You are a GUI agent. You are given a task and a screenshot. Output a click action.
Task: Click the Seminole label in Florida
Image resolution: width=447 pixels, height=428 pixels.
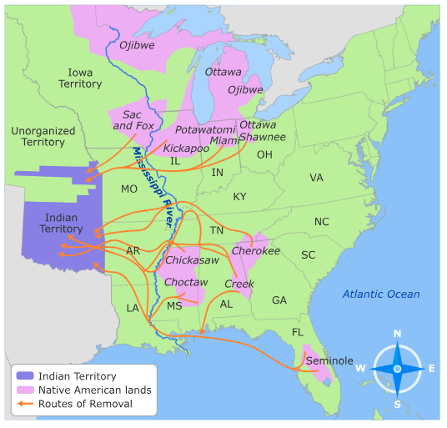[330, 360]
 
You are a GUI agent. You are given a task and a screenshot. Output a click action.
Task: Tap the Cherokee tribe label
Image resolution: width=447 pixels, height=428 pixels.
[256, 250]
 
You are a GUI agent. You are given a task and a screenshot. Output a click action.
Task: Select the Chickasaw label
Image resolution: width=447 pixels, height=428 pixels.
[192, 260]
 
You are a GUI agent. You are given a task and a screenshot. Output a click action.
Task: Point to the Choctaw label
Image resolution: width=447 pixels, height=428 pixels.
[185, 283]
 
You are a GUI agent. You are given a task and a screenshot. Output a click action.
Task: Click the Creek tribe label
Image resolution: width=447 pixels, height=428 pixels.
[239, 284]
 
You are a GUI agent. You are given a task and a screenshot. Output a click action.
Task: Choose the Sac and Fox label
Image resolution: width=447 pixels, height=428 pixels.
[138, 120]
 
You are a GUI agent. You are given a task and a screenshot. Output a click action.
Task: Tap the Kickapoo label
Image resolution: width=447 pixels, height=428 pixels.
[186, 148]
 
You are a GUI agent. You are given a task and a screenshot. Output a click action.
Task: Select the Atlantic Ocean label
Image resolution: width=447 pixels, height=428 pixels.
[381, 294]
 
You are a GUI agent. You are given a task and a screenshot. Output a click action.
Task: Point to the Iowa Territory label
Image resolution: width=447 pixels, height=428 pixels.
[80, 78]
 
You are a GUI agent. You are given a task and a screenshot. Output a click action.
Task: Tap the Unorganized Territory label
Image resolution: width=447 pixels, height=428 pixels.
[43, 137]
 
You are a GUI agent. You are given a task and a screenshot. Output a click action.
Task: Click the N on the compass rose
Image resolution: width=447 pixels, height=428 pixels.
[397, 335]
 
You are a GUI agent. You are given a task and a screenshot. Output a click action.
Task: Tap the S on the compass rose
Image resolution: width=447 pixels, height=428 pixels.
[397, 404]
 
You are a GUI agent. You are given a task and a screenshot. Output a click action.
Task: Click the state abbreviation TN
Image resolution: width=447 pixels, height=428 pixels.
[217, 230]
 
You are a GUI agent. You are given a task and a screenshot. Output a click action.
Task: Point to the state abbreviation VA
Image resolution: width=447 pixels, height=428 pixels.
[316, 178]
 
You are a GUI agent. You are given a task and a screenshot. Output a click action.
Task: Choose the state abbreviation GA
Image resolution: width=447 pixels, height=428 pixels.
[279, 300]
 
